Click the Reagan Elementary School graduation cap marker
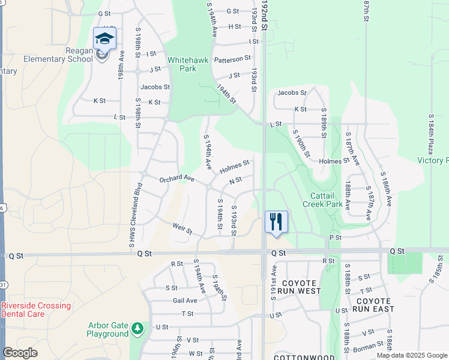104,39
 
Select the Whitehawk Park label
182,64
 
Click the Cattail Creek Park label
327,200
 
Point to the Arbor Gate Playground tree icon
138,328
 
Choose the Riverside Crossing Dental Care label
36,310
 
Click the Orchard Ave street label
176,179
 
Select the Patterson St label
232,59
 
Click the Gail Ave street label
184,301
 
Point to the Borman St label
367,345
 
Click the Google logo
20,353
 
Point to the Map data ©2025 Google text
412,355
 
